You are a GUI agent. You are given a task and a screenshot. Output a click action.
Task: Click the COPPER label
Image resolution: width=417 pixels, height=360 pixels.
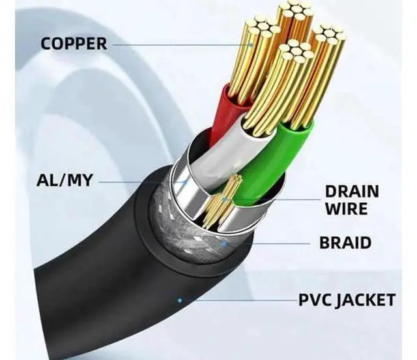[74, 44]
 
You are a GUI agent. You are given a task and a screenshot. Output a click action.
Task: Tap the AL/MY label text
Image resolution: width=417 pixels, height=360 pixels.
[65, 180]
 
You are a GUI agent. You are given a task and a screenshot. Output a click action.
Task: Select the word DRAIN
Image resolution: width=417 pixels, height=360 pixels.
[352, 192]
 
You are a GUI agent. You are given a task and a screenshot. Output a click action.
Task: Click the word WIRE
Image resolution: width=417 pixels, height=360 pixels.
[346, 209]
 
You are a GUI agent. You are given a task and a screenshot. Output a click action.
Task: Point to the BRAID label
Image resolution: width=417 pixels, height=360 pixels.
[345, 243]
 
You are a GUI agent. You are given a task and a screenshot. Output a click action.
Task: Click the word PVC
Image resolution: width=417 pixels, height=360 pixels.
[315, 300]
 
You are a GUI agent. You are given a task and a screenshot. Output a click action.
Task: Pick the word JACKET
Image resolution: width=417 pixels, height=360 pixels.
[366, 301]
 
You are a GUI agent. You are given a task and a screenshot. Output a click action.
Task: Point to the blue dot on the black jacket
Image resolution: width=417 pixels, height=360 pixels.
[180, 301]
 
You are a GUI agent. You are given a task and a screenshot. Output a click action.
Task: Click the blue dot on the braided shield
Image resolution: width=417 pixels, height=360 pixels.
[225, 243]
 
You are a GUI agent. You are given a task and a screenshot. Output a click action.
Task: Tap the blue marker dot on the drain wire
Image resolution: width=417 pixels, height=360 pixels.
[225, 199]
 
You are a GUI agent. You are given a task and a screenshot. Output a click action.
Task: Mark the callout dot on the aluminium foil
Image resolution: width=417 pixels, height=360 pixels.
[186, 182]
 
